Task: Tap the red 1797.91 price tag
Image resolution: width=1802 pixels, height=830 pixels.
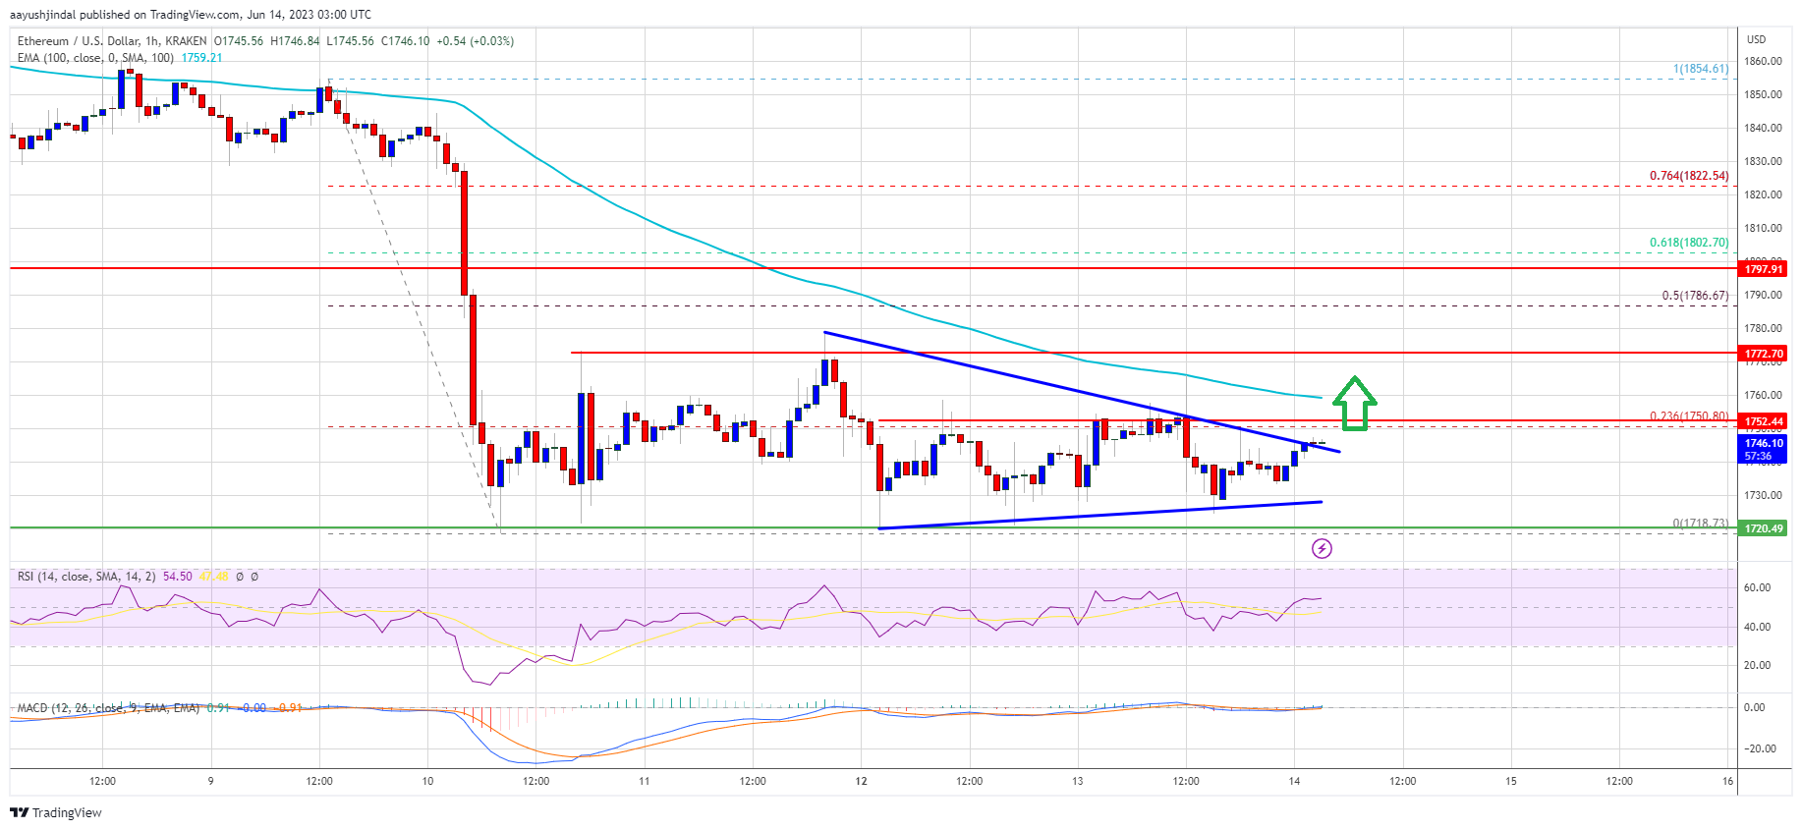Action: pos(1763,268)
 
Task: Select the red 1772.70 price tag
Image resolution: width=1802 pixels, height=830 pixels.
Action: pos(1763,353)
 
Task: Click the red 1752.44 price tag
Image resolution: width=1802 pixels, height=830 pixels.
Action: pos(1763,420)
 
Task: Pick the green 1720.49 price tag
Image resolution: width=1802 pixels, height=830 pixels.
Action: pos(1763,528)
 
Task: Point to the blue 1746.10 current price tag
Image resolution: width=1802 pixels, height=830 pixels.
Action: pos(1763,449)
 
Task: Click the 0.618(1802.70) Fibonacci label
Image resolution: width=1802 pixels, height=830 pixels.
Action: pos(1688,243)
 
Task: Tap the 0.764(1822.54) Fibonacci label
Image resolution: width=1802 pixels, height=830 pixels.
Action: pos(1688,176)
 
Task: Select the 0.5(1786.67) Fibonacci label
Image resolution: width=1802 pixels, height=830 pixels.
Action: pos(1694,296)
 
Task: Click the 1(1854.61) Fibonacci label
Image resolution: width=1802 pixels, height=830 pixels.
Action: pos(1700,69)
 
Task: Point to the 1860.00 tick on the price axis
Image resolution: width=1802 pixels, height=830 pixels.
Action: pos(1763,61)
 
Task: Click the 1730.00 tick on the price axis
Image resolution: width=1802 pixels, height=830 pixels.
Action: pos(1763,496)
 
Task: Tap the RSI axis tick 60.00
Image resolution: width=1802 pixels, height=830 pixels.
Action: pos(1757,587)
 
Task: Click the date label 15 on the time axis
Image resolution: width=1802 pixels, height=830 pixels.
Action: pos(1511,782)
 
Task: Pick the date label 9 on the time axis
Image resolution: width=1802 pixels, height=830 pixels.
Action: pos(210,782)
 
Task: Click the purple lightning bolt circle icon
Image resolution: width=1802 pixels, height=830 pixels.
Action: pos(1322,548)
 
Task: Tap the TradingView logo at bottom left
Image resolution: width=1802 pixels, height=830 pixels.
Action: pos(56,812)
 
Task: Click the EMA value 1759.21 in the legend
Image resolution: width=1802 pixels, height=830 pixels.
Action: pos(201,58)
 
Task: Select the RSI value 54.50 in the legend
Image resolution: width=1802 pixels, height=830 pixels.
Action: pos(177,577)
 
